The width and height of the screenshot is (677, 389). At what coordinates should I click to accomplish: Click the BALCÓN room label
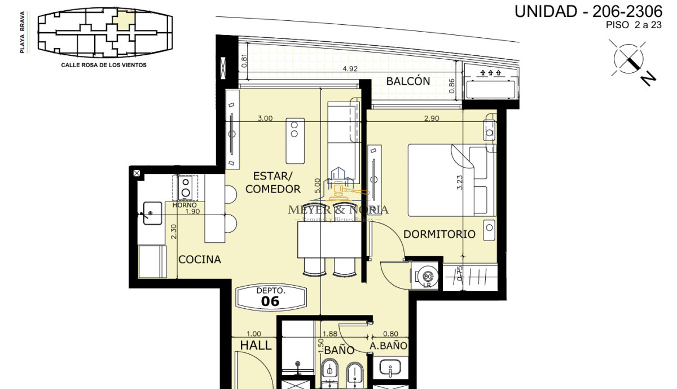(408, 81)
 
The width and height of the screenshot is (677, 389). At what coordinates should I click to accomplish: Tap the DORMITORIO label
(439, 234)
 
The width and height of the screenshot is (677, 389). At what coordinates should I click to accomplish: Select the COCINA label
(200, 260)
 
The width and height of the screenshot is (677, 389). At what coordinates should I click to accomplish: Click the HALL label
(256, 346)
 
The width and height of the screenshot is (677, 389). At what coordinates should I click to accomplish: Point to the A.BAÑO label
(389, 346)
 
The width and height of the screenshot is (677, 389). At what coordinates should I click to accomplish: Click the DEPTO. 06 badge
(271, 296)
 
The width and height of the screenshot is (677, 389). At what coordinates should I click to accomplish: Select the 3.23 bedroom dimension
(460, 182)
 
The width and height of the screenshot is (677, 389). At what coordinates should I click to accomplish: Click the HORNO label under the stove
(184, 204)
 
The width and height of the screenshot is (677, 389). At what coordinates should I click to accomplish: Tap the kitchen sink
(152, 213)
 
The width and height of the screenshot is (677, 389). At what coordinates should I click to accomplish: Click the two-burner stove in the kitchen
(185, 187)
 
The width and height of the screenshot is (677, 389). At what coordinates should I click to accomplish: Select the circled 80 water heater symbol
(428, 277)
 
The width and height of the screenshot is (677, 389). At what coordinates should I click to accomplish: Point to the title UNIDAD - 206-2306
(588, 11)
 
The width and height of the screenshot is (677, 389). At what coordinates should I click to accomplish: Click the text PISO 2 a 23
(634, 25)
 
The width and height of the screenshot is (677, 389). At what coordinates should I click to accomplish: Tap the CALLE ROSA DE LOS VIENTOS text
(104, 65)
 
